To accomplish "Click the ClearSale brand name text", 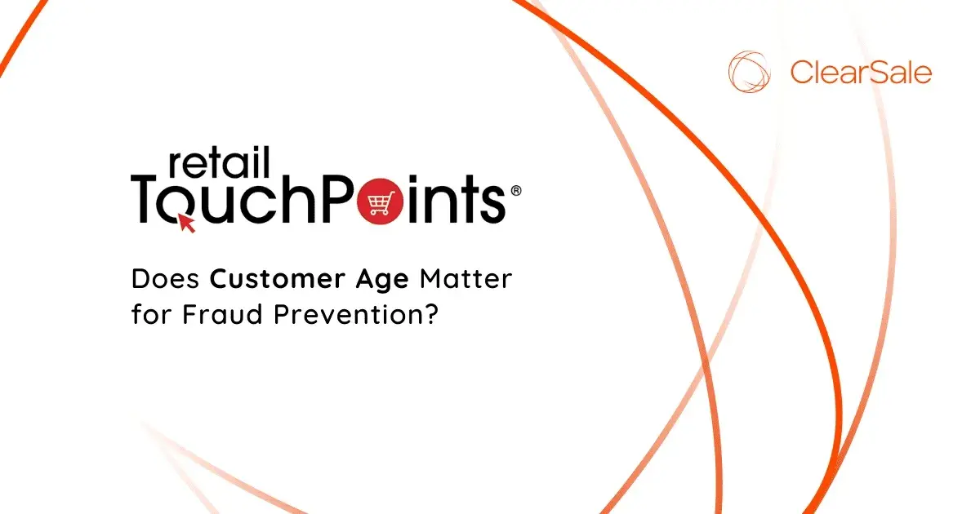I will tap(861, 73).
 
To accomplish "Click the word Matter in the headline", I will tap(466, 280).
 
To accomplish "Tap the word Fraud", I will tap(209, 314).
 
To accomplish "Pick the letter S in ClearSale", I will tap(871, 73).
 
